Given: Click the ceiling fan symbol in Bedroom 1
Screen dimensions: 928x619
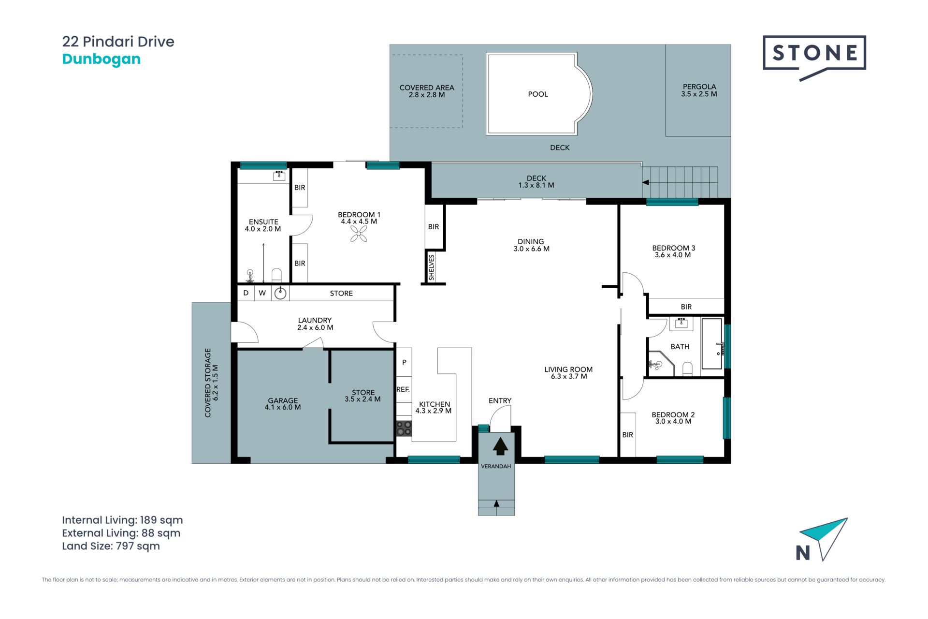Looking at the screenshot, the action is pyautogui.click(x=359, y=235).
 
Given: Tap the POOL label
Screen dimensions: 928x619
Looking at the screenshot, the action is pyautogui.click(x=538, y=94).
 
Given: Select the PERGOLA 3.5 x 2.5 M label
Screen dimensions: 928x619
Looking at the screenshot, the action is pyautogui.click(x=699, y=90).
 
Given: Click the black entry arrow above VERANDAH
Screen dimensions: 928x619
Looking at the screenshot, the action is pyautogui.click(x=500, y=446).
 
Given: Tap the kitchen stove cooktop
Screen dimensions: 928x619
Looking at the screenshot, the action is pyautogui.click(x=404, y=428).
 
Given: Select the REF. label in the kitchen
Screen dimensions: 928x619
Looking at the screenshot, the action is pyautogui.click(x=403, y=389).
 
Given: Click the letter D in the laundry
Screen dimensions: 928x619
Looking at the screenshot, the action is pyautogui.click(x=246, y=293).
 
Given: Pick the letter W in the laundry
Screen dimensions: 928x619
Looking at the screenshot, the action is pyautogui.click(x=262, y=293).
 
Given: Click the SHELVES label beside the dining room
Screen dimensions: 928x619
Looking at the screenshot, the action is pyautogui.click(x=432, y=267).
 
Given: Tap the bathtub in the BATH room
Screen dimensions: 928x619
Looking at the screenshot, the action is pyautogui.click(x=712, y=344).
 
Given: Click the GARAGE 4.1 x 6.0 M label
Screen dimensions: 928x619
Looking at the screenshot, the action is pyautogui.click(x=283, y=404).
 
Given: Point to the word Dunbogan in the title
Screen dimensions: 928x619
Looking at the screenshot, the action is pyautogui.click(x=101, y=59).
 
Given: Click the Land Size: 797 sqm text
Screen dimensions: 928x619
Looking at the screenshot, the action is pyautogui.click(x=111, y=546).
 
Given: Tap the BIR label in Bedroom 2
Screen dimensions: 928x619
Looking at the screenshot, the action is pyautogui.click(x=627, y=435).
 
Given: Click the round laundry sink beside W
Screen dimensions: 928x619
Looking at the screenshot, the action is pyautogui.click(x=280, y=293).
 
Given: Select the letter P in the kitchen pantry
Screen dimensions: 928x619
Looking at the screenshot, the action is pyautogui.click(x=404, y=362).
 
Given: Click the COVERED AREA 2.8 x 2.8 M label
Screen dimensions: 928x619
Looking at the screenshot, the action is pyautogui.click(x=427, y=91).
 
